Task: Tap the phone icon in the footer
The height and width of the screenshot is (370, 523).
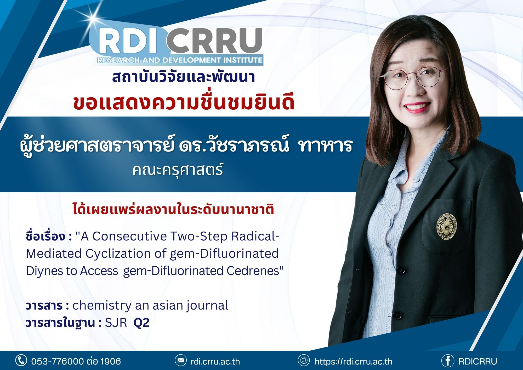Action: (x=21, y=360)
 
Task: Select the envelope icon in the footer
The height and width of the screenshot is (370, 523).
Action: (x=181, y=361)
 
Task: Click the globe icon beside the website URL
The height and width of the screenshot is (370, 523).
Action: (x=304, y=360)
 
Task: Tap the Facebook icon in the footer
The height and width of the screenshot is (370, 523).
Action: (x=448, y=361)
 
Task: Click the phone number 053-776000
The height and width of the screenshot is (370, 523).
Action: (x=58, y=361)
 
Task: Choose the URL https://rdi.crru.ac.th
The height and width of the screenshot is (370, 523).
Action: (x=353, y=361)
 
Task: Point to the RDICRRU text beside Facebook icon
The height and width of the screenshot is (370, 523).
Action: (x=478, y=361)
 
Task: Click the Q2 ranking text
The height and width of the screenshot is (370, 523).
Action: (x=141, y=323)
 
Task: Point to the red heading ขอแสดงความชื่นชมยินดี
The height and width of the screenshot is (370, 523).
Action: (x=184, y=102)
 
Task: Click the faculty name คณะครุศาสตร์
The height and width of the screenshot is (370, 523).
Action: (x=178, y=170)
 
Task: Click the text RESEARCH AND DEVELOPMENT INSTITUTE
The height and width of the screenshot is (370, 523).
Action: (x=180, y=60)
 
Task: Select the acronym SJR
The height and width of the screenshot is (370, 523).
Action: (x=116, y=323)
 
